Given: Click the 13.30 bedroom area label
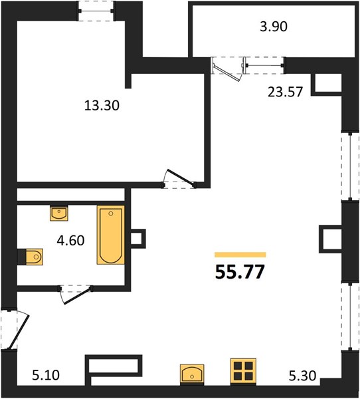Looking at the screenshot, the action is (x=102, y=105).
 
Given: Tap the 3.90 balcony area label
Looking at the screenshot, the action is (x=274, y=27).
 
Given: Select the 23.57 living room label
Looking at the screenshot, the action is (x=285, y=92).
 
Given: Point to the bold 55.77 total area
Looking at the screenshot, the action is (x=240, y=272).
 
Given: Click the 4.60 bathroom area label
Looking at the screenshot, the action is (x=70, y=241).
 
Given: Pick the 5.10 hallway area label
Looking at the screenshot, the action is (x=46, y=375).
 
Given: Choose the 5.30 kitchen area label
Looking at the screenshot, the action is (x=302, y=376).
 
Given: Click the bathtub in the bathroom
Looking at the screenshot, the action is (x=111, y=235).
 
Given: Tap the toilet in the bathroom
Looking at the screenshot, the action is (x=35, y=257).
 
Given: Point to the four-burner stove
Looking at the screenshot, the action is (x=243, y=371).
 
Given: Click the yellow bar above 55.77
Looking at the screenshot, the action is (x=240, y=255).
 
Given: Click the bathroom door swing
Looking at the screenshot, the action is (x=76, y=295).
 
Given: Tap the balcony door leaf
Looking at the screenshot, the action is (x=226, y=72).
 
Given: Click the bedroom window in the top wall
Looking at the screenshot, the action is (x=96, y=11).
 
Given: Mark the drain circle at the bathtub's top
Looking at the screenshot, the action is (x=111, y=213).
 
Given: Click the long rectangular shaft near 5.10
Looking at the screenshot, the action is (x=113, y=366).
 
